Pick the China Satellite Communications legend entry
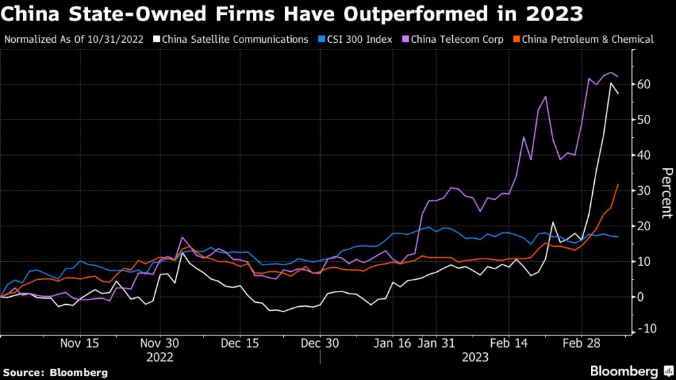pos(231,39)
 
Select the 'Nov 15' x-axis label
pos(79,344)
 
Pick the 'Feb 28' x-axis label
pos(582,344)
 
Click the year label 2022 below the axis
pos(160,357)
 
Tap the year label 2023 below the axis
pos(475,357)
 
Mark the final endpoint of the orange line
pos(617,185)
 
